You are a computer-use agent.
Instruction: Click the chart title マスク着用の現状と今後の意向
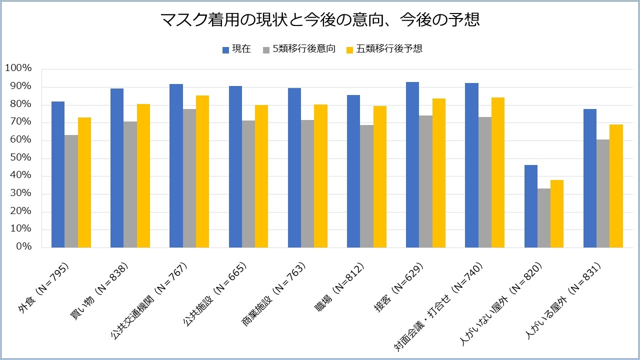[320, 20]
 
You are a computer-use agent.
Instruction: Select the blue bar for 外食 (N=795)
[58, 174]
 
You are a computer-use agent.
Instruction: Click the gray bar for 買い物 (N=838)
[130, 184]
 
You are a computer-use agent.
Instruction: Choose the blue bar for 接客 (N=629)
[412, 164]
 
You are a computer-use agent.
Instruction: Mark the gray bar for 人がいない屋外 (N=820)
[544, 218]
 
